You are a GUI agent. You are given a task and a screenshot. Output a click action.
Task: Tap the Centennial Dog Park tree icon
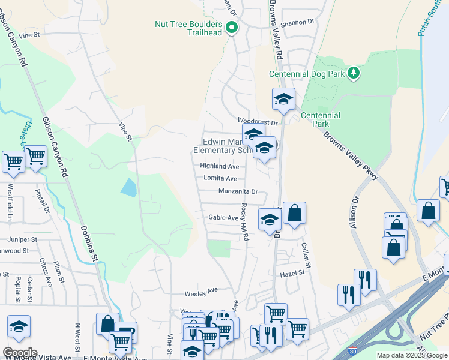354,73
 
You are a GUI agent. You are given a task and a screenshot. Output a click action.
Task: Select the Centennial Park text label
321,119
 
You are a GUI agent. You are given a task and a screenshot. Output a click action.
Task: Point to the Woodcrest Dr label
259,122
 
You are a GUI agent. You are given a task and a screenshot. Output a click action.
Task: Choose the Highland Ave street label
220,166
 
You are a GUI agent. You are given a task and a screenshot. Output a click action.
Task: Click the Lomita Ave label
220,178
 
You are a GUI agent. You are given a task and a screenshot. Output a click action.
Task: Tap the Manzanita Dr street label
238,192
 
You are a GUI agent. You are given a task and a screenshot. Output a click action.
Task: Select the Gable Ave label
223,218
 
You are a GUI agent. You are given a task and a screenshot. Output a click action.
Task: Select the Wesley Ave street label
200,293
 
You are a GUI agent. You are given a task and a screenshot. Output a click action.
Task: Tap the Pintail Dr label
43,200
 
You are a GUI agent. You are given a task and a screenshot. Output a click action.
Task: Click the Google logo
20,352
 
